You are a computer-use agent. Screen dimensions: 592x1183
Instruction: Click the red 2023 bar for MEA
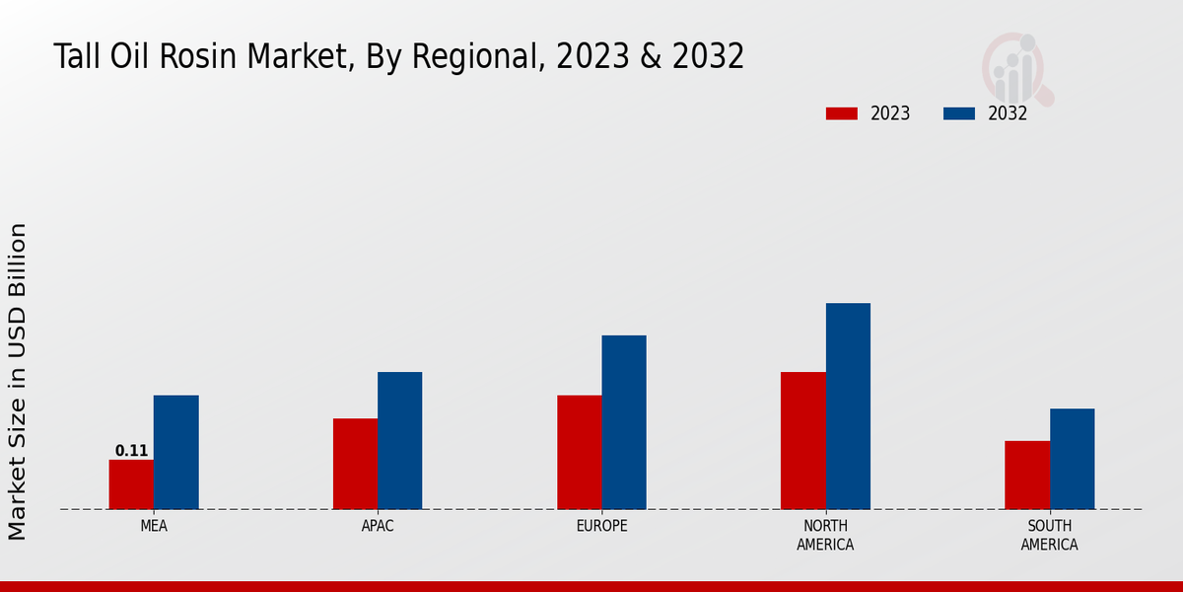pyautogui.click(x=131, y=484)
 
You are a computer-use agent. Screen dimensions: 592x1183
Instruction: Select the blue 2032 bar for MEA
pyautogui.click(x=175, y=452)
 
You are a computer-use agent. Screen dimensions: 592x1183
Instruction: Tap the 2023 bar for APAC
pyautogui.click(x=355, y=464)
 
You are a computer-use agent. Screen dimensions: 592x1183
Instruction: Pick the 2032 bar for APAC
pyautogui.click(x=399, y=440)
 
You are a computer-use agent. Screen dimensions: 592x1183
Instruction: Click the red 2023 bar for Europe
pyautogui.click(x=579, y=452)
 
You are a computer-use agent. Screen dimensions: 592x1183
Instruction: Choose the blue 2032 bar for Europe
pyautogui.click(x=624, y=422)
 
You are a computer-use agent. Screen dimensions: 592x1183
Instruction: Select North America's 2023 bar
pyautogui.click(x=802, y=440)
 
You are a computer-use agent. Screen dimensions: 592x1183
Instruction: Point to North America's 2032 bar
pyautogui.click(x=848, y=406)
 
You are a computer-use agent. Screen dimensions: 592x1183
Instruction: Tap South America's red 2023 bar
pyautogui.click(x=1027, y=475)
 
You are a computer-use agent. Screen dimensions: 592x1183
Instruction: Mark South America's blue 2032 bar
pyautogui.click(x=1072, y=459)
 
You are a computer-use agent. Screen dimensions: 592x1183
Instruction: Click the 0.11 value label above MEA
pyautogui.click(x=131, y=451)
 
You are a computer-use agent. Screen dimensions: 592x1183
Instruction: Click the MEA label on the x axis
pyautogui.click(x=154, y=526)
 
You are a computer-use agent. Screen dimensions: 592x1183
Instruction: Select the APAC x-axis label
pyautogui.click(x=378, y=526)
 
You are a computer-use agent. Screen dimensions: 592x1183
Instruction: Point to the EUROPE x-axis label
pyautogui.click(x=601, y=526)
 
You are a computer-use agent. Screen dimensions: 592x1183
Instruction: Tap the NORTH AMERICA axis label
pyautogui.click(x=825, y=535)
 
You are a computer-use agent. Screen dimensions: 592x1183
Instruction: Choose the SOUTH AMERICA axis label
pyautogui.click(x=1049, y=535)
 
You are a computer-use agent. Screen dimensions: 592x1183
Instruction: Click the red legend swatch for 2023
pyautogui.click(x=842, y=113)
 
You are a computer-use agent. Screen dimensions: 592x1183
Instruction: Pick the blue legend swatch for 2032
pyautogui.click(x=959, y=113)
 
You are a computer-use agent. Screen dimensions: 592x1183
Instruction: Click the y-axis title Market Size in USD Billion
pyautogui.click(x=18, y=381)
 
